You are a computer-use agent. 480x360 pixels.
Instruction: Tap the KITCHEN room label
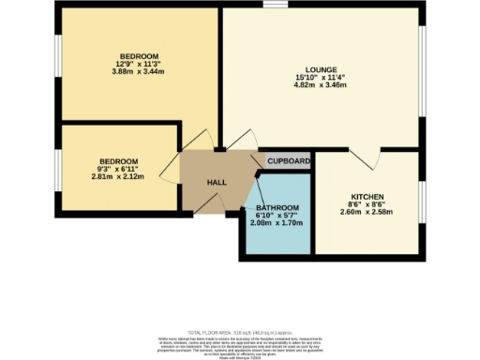pyautogui.click(x=367, y=196)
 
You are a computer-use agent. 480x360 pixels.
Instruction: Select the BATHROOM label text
pyautogui.click(x=278, y=207)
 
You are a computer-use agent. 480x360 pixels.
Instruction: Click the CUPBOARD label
pyautogui.click(x=288, y=161)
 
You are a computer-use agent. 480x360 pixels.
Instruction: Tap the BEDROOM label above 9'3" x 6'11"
pyautogui.click(x=120, y=160)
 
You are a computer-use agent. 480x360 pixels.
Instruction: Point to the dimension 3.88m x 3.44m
pyautogui.click(x=139, y=71)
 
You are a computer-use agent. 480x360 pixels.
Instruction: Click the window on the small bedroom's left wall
pyautogui.click(x=57, y=169)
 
